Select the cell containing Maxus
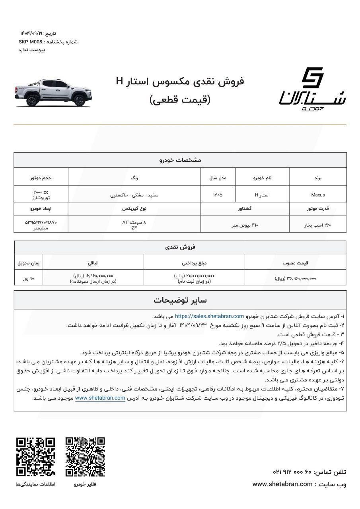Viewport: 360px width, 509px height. click(318, 195)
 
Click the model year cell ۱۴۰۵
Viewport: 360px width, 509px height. click(218, 195)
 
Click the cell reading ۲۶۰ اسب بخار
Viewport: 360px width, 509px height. click(318, 225)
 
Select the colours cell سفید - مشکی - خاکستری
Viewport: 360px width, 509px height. click(134, 195)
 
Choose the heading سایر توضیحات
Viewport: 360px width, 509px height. click(180, 300)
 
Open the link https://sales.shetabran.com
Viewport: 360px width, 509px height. click(209, 317)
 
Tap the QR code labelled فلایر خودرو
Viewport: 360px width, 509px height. click(85, 457)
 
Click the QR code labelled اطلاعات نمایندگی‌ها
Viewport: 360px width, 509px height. click(35, 457)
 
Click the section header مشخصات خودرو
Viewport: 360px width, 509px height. click(180, 160)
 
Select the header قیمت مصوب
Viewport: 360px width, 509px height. click(295, 262)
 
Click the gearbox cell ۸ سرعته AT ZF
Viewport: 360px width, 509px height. click(134, 225)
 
